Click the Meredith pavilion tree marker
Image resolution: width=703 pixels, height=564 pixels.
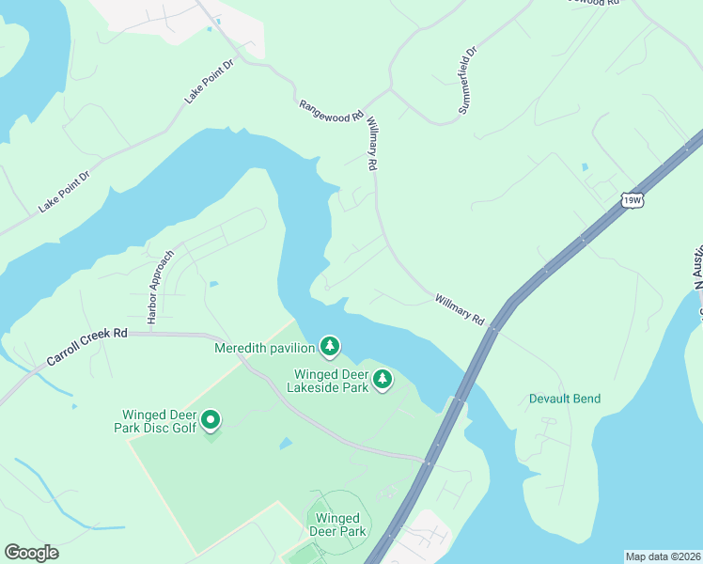pos(330,347)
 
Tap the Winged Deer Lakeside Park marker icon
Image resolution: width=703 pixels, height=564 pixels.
pos(382,379)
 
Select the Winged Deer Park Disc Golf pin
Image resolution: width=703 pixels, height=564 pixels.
pos(211,420)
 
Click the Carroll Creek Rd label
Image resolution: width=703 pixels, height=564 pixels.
pos(86,346)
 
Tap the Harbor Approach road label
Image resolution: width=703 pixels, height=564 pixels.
pos(160,287)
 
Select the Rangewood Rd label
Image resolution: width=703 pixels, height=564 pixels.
pos(331,112)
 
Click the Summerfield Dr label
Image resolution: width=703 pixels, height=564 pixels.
pos(468,79)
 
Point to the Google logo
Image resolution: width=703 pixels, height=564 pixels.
pos(31,553)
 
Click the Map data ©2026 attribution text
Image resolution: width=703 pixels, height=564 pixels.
pos(664,556)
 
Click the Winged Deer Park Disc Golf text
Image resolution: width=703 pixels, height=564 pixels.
pos(159,422)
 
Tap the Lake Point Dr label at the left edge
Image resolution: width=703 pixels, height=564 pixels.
pos(64,191)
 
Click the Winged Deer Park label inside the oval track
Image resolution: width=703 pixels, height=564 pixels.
pos(339,525)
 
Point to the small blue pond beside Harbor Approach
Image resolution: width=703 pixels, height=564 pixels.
pos(215,283)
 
